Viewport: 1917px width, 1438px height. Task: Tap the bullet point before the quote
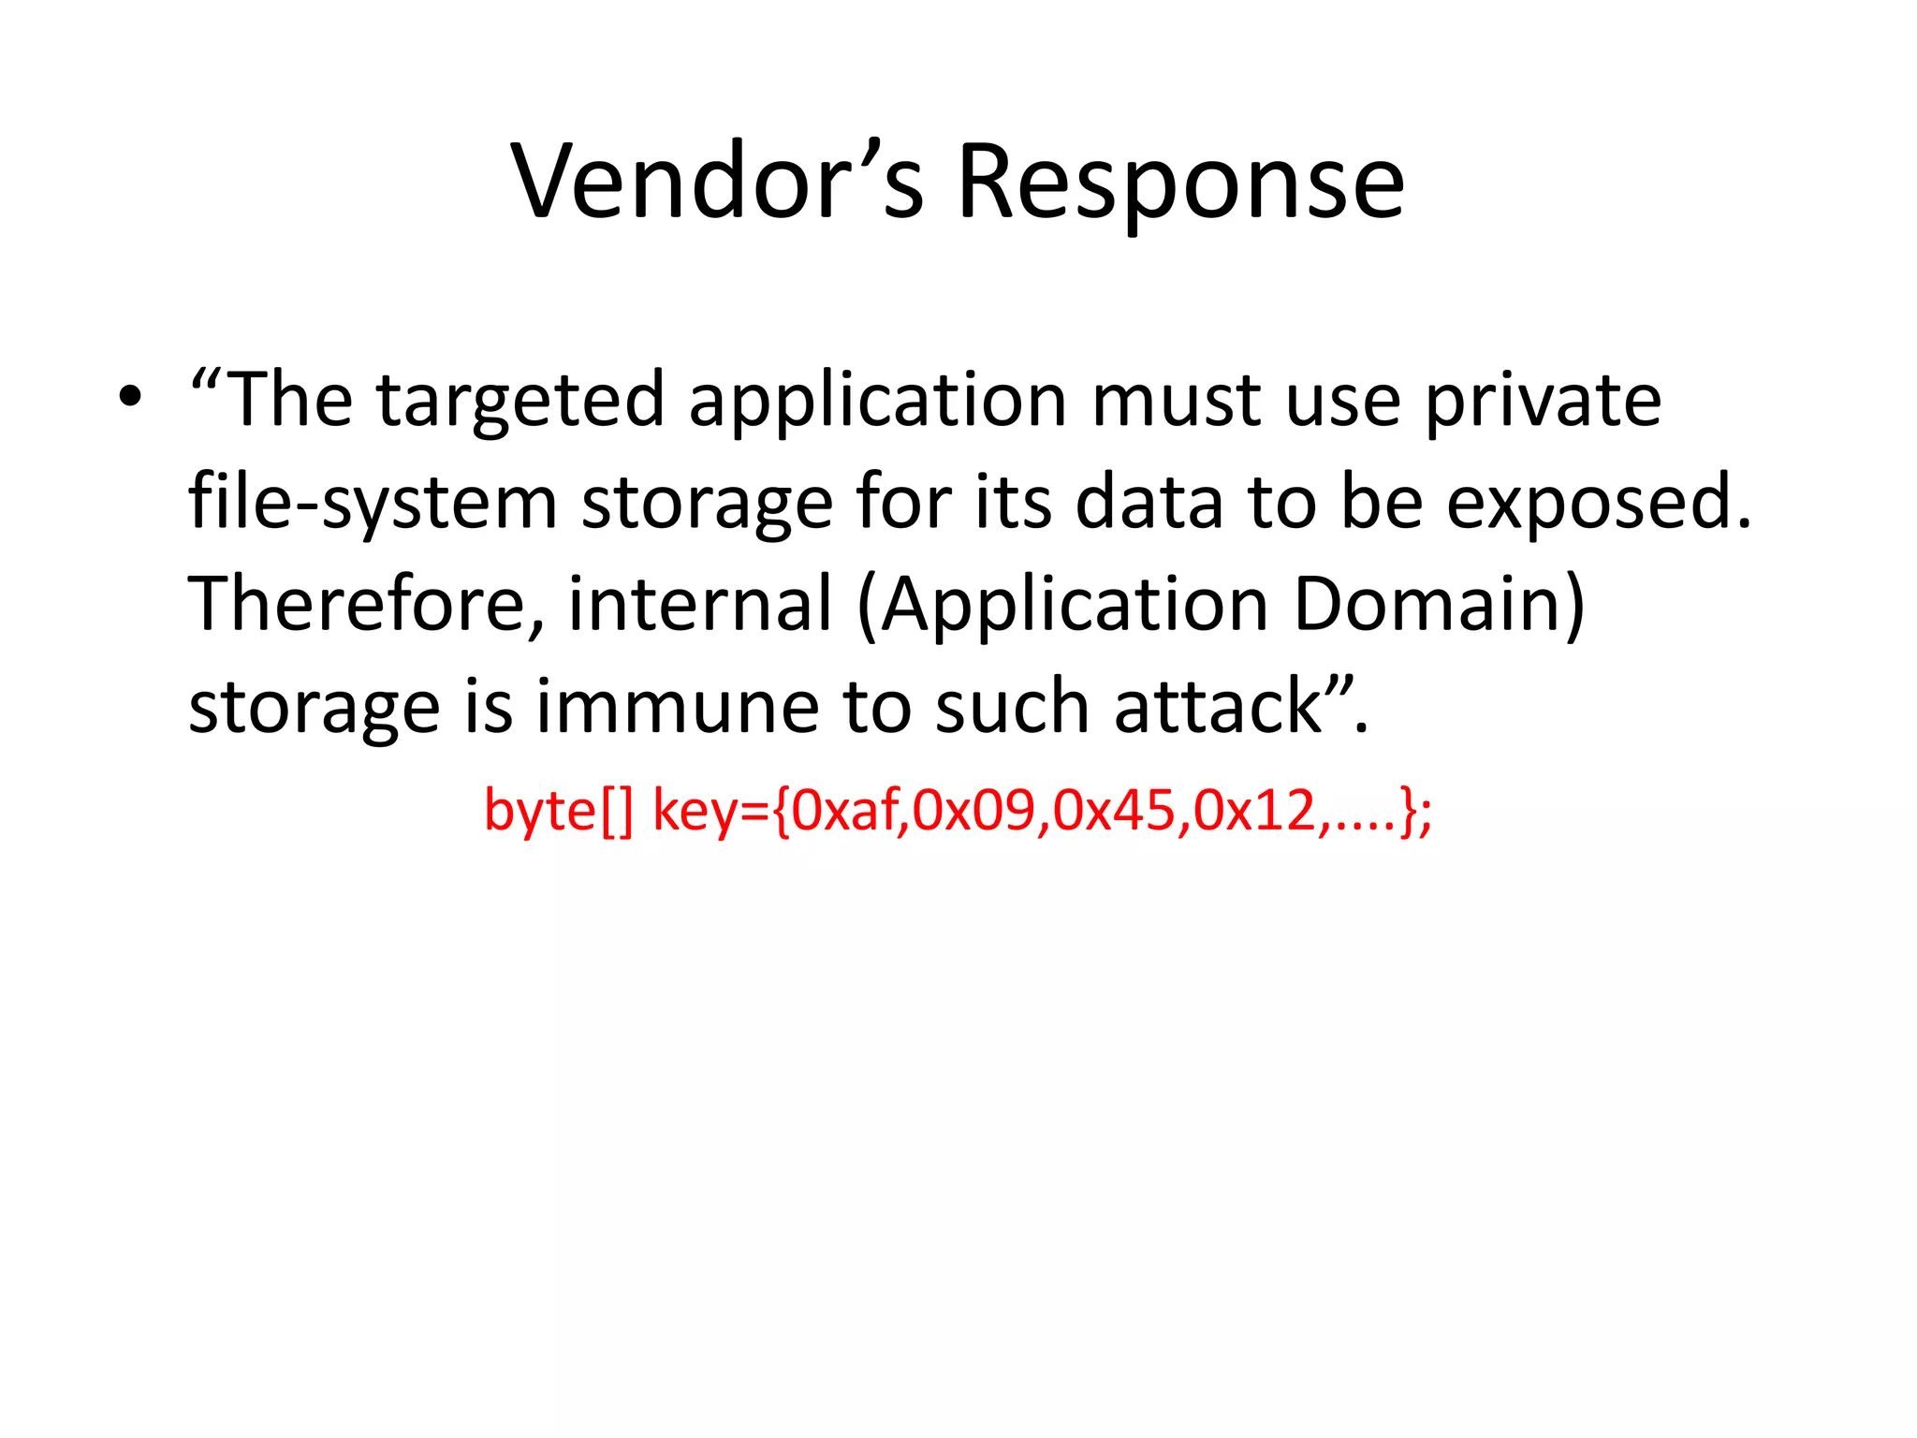click(x=130, y=399)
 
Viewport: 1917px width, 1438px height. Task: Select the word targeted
click(x=520, y=401)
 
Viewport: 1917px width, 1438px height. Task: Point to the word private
click(x=1543, y=401)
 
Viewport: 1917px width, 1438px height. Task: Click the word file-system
click(x=373, y=503)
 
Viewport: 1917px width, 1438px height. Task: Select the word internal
click(x=700, y=604)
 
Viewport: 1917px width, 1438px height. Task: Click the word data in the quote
click(x=1149, y=503)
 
